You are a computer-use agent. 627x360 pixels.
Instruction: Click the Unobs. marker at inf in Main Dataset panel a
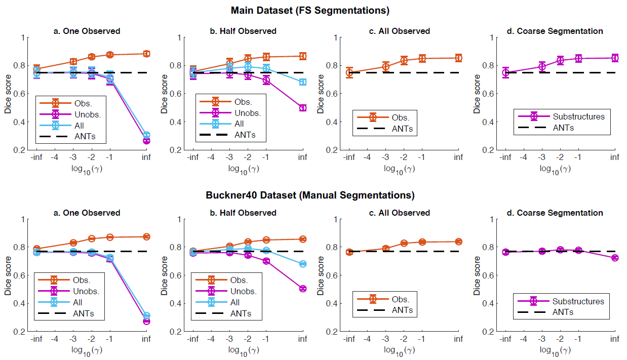pos(146,140)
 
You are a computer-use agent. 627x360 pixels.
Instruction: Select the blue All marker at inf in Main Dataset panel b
pos(302,82)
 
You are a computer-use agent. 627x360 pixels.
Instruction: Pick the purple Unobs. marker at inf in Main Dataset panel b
pos(302,108)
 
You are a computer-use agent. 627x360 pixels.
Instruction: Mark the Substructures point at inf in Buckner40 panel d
pos(615,258)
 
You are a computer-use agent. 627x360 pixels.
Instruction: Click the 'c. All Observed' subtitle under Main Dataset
pos(400,31)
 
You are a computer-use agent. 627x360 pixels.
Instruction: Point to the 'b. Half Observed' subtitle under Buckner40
pos(243,213)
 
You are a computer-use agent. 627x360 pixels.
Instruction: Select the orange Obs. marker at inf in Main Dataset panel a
pos(146,54)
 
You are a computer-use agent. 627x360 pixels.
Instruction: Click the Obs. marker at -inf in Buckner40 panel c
pos(349,252)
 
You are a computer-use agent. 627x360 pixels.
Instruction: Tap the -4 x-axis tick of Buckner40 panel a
pos(55,339)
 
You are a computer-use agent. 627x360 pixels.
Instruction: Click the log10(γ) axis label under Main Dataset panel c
pos(400,169)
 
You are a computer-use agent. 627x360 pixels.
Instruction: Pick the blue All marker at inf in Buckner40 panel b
pos(302,264)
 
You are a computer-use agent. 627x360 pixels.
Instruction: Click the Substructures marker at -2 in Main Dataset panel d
pos(560,60)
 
